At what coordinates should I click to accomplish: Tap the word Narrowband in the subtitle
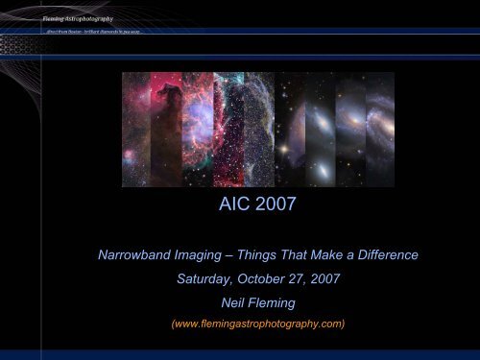(x=139, y=255)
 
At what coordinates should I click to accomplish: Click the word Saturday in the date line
(x=206, y=281)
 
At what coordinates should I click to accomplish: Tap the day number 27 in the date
(x=303, y=281)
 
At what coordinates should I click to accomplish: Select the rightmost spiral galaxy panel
(x=379, y=130)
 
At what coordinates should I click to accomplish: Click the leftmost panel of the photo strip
(x=135, y=130)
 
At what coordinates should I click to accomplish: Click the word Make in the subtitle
(x=337, y=255)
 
